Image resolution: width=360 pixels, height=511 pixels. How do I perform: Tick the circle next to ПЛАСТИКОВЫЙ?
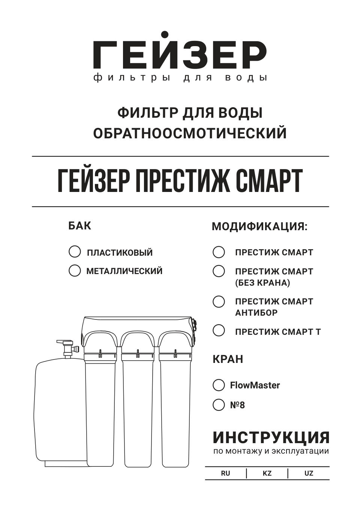pos(75,252)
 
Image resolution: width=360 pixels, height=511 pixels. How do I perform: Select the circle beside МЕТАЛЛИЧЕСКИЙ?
pos(75,270)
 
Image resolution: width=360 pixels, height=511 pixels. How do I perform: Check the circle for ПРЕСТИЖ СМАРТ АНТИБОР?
pos(219,301)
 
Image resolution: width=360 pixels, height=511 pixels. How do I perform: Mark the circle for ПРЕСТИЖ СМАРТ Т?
pos(219,331)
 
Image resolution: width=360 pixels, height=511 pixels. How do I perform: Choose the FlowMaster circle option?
pos(219,385)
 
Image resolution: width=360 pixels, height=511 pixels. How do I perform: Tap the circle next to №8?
pos(219,405)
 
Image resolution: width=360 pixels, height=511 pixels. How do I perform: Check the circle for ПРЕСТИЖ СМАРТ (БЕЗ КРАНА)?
pos(219,271)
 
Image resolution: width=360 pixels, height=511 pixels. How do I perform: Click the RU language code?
pos(225,473)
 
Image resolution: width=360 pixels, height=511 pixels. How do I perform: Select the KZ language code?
pos(267,473)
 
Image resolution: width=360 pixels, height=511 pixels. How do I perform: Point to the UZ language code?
pos(309,473)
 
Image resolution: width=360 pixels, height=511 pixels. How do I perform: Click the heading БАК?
pos(79,226)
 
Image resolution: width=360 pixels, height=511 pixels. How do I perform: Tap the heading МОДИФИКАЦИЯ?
pos(259,227)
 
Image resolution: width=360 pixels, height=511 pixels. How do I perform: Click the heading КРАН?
pos(228,359)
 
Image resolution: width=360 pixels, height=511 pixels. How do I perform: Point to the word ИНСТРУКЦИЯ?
pos(271,438)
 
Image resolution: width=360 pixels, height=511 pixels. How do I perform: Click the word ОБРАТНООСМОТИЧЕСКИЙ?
pos(190,133)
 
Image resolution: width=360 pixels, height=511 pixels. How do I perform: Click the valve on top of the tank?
pos(67,347)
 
